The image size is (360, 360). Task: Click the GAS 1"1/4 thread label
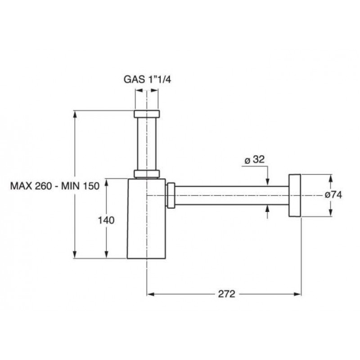point(148,80)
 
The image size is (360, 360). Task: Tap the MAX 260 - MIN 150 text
point(55,186)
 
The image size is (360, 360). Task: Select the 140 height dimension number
point(106,220)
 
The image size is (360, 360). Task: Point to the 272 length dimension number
point(227,294)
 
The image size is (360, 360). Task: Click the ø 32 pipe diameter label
point(254,160)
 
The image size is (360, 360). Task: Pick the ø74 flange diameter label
point(333,195)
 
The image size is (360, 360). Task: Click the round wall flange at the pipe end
point(295,195)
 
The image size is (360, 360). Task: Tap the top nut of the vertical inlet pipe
point(147,114)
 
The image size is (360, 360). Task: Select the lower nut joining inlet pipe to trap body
point(147,174)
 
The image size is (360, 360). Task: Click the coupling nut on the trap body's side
point(171,195)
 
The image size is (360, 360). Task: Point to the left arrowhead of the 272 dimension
point(150,294)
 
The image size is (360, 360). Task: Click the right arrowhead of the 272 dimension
point(297,294)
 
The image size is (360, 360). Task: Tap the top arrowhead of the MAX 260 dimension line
point(75,114)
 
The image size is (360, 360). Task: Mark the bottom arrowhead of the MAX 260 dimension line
point(75,254)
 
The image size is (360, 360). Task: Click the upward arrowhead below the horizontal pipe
point(267,209)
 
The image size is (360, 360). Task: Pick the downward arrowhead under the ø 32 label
point(267,181)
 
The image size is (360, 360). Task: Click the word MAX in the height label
point(21,186)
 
